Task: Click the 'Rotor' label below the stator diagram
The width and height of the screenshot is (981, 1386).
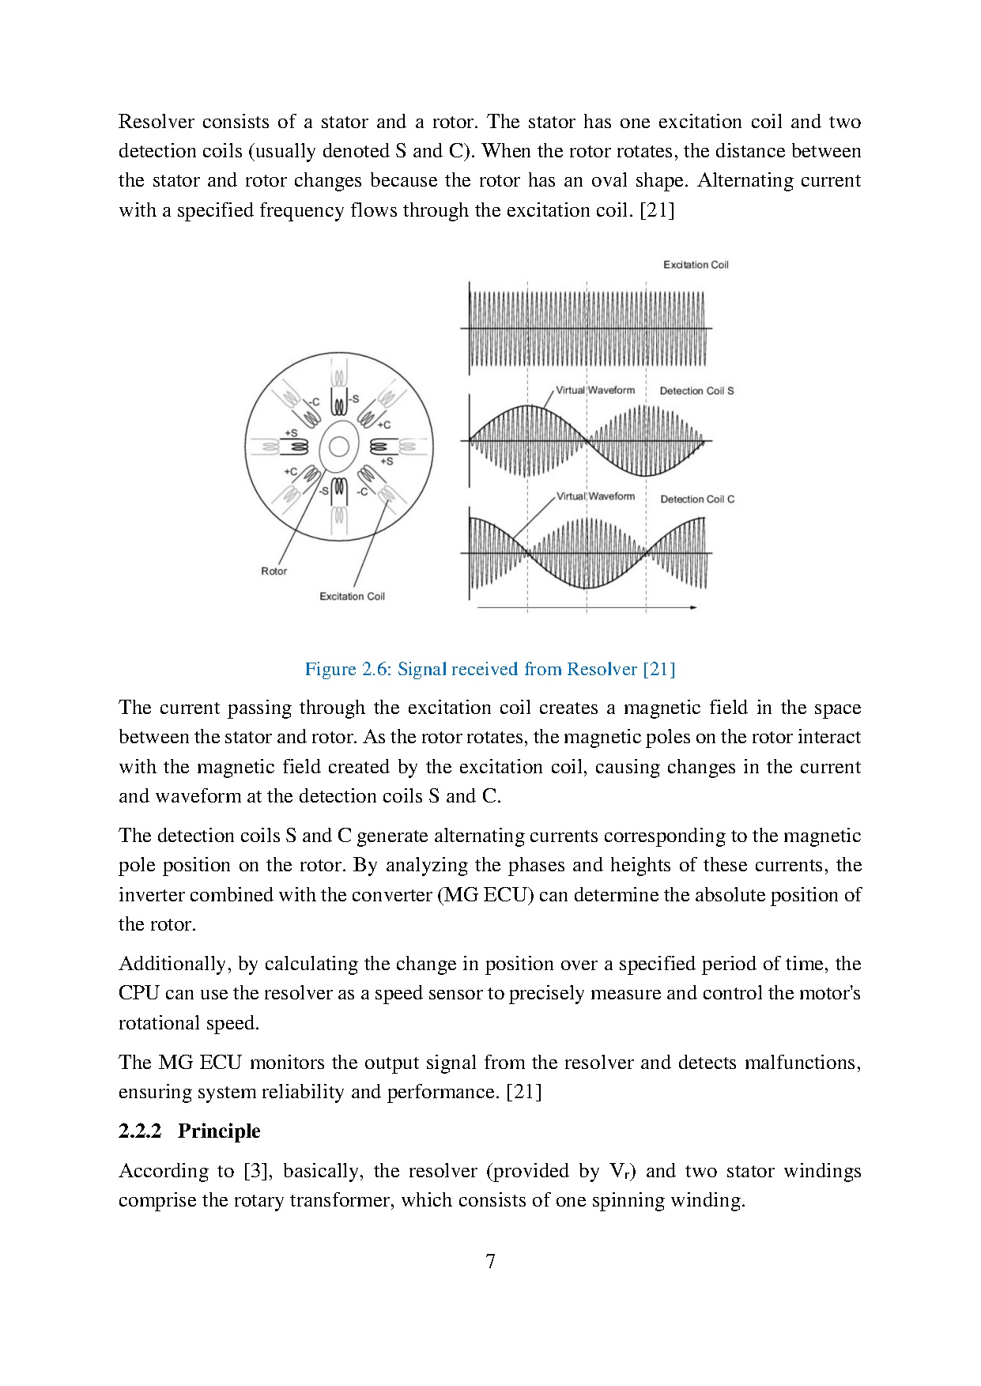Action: [274, 571]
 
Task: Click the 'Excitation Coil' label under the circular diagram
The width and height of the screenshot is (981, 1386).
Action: [352, 596]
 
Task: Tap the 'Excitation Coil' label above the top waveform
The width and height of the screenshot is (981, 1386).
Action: [696, 265]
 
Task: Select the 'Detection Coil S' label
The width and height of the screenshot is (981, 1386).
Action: [696, 391]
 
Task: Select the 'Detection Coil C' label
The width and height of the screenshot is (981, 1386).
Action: [697, 499]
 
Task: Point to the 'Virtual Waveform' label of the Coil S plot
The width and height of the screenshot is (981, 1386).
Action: [595, 390]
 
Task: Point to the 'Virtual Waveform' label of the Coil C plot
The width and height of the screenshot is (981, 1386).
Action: [595, 497]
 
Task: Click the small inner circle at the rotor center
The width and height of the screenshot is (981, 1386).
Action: [339, 448]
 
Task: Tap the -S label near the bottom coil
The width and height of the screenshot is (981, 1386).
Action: [323, 491]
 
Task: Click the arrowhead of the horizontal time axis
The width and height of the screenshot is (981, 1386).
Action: [693, 607]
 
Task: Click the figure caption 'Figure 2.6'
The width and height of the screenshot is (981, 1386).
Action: [348, 669]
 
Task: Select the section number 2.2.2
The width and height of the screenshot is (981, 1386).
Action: [140, 1131]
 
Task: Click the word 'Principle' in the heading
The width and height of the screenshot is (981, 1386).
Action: [219, 1131]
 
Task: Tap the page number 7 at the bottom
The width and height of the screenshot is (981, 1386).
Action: [490, 1261]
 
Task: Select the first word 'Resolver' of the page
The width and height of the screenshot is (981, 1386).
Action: [157, 122]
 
